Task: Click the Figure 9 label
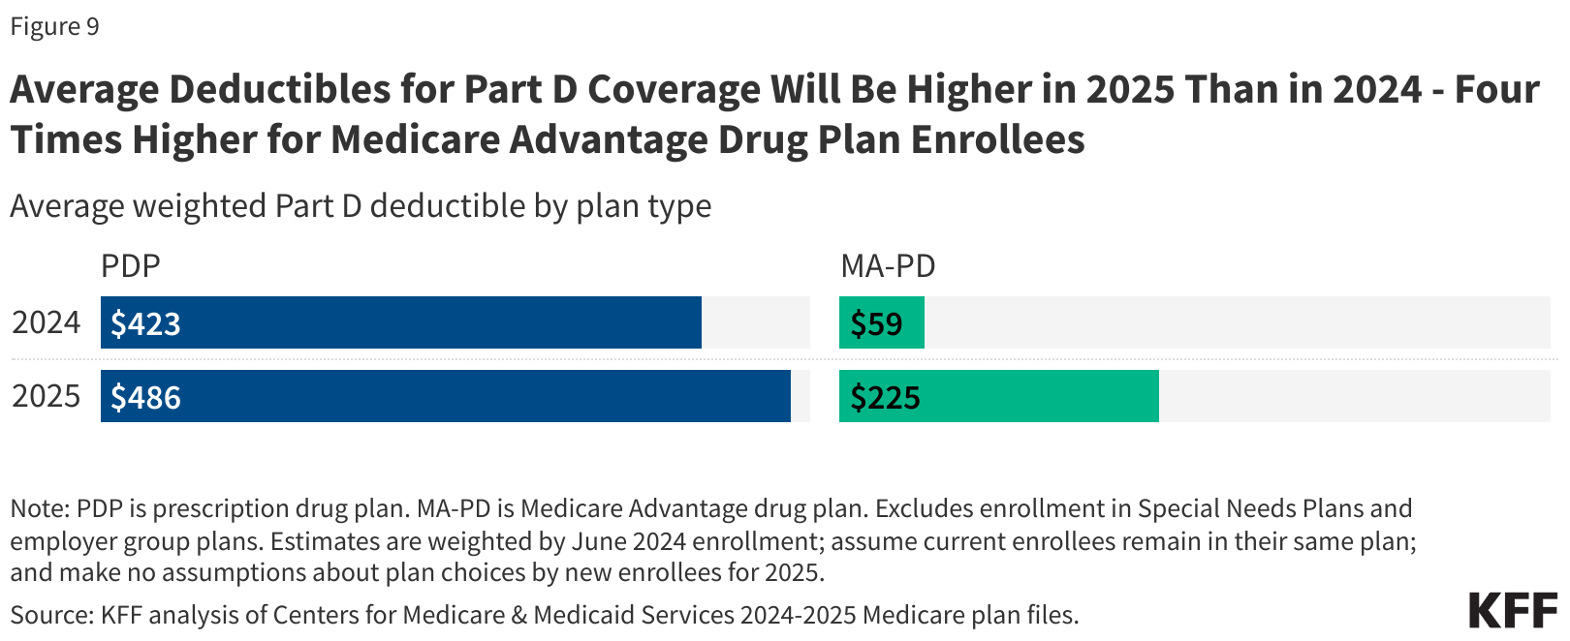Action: [x=54, y=26]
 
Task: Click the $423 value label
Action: [x=145, y=323]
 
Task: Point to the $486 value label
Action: [x=145, y=397]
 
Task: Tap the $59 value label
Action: [x=876, y=323]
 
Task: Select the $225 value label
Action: [x=885, y=397]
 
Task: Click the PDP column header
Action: [x=131, y=265]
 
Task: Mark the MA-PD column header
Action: [x=888, y=265]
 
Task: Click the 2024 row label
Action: [x=46, y=322]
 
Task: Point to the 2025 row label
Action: [x=46, y=396]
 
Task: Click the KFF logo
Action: [x=1513, y=611]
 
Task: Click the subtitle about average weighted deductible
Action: [x=361, y=206]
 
